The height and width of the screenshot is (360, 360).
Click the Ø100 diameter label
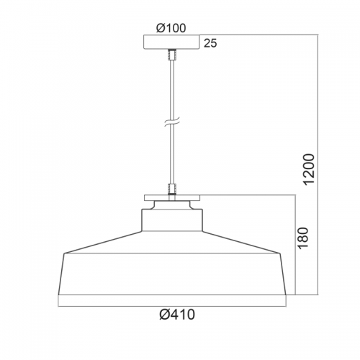click(x=171, y=28)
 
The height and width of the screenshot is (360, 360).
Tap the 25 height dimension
click(x=210, y=43)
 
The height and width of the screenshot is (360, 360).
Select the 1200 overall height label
click(x=309, y=169)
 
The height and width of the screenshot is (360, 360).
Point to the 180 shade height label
click(x=302, y=238)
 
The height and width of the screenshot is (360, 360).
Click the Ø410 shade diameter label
click(x=177, y=314)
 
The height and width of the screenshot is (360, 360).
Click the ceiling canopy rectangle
click(x=171, y=42)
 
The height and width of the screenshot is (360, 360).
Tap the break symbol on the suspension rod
click(x=172, y=122)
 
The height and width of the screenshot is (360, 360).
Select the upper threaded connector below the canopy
click(x=172, y=55)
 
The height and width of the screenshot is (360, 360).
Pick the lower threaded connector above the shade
click(x=172, y=189)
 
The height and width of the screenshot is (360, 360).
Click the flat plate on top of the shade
click(x=172, y=198)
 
